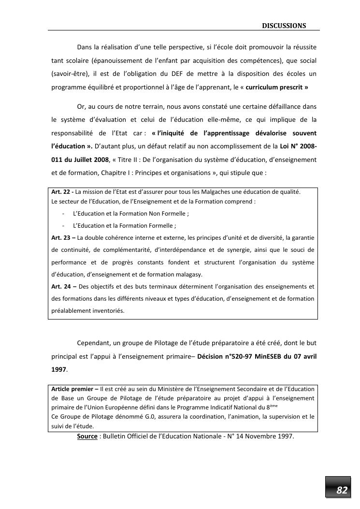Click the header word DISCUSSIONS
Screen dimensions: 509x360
pyautogui.click(x=284, y=25)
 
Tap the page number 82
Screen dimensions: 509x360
pyautogui.click(x=342, y=490)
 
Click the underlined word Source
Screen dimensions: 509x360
pyautogui.click(x=87, y=436)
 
